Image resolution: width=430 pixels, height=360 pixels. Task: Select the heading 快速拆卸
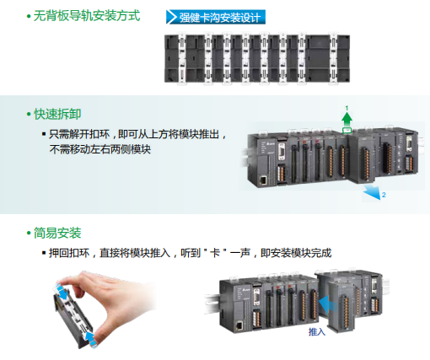(58, 113)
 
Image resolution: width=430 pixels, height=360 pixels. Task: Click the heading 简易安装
(58, 232)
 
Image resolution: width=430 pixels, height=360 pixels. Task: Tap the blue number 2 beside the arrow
(384, 196)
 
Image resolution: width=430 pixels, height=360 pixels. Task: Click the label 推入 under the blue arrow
(316, 332)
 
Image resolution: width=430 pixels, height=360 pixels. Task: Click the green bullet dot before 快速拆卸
(28, 114)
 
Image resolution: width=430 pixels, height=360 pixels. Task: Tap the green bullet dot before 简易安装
(28, 233)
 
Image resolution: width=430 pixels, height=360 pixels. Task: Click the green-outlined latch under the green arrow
(347, 132)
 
